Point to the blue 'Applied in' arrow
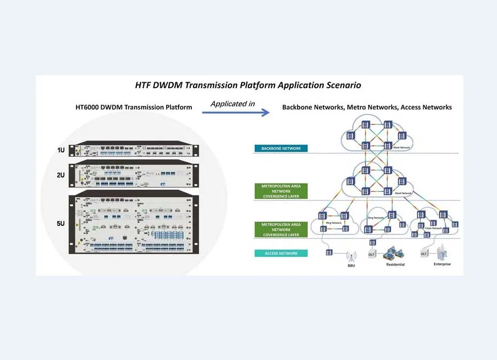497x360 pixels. click(235, 113)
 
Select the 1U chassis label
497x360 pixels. click(61, 150)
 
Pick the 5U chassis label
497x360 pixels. click(61, 223)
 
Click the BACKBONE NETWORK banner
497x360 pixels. click(281, 148)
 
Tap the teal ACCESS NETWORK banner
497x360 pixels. click(281, 253)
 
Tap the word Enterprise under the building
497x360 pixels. click(442, 264)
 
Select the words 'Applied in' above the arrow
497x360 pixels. click(232, 104)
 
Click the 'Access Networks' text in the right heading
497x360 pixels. click(426, 107)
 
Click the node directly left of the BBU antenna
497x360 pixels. click(329, 252)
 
